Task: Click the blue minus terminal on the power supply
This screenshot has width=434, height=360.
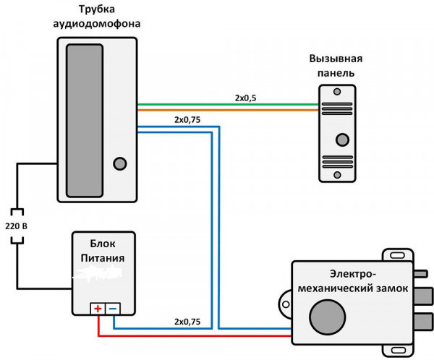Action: coord(112,309)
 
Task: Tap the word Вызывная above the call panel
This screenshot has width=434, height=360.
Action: coord(335,59)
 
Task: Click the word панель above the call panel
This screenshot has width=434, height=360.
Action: coord(335,73)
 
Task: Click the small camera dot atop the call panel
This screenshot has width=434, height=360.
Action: coord(337,92)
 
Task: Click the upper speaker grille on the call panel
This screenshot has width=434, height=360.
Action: coord(337,109)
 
